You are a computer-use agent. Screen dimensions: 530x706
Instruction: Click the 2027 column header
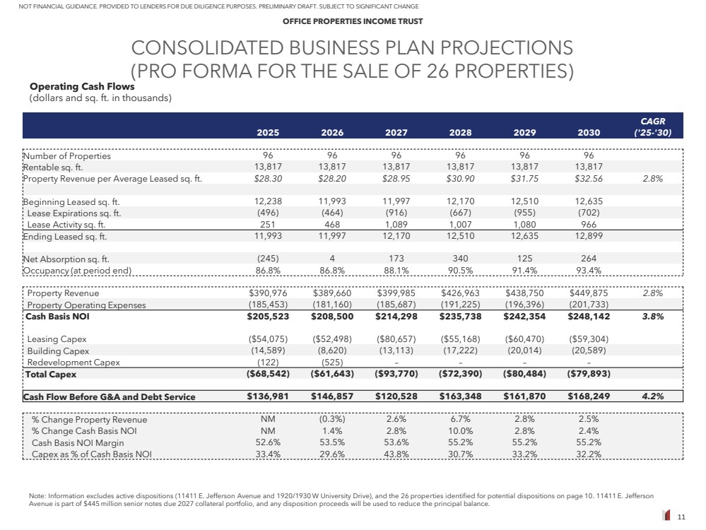(x=396, y=132)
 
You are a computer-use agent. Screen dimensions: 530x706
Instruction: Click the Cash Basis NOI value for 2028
(x=461, y=317)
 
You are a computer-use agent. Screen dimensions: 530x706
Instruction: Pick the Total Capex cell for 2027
(x=396, y=374)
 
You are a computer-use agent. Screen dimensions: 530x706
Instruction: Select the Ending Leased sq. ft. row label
(x=66, y=236)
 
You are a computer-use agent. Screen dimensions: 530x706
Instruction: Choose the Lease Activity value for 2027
(x=396, y=225)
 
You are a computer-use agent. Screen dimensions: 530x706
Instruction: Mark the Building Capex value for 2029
(x=525, y=351)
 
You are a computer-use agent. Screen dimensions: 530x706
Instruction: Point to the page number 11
(x=682, y=518)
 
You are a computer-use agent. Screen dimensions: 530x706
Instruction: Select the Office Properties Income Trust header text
(x=353, y=21)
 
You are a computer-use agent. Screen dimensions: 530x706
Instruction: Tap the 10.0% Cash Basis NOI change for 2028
(x=461, y=431)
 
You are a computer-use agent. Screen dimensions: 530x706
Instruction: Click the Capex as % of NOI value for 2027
(x=396, y=454)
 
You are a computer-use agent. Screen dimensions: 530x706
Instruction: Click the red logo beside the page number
(x=666, y=517)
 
